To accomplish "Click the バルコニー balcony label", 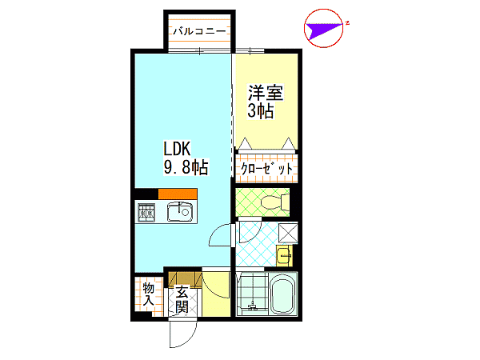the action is [199, 31].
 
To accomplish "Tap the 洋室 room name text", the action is [266, 93].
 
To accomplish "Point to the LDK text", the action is [178, 149].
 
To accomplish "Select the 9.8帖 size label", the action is [186, 167].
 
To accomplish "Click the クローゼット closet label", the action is [266, 168].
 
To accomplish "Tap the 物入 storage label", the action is [149, 294].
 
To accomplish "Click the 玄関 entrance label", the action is [182, 299].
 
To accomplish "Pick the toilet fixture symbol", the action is [274, 202].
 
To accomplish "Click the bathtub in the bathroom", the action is [284, 294].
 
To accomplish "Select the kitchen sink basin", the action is [180, 211].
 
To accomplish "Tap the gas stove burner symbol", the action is [146, 212].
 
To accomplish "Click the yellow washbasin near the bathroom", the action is [284, 256].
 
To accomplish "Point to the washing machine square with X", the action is [288, 233].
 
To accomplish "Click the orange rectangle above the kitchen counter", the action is [178, 194].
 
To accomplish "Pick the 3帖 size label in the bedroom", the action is [261, 110].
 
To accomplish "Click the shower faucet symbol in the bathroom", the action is [253, 306].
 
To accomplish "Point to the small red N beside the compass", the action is [347, 22].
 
